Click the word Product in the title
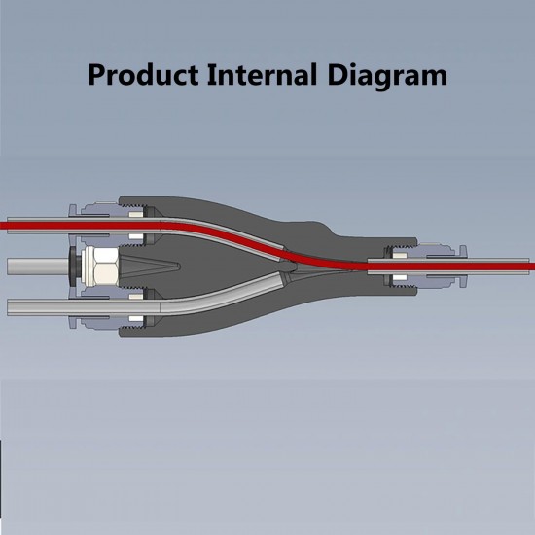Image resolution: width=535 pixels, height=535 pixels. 143,74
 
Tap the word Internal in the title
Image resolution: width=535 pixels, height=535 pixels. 263,74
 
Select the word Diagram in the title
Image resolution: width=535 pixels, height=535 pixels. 387,77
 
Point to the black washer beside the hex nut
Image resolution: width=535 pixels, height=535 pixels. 74,267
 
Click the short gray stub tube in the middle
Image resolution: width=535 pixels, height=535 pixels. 38,267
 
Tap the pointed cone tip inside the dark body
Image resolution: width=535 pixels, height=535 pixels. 178,266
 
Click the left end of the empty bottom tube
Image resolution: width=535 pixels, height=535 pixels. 8,307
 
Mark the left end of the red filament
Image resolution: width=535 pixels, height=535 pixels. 1,226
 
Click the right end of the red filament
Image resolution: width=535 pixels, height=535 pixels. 533,267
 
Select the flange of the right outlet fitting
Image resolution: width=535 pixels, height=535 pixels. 463,267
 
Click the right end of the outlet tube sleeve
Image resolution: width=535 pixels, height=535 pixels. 528,267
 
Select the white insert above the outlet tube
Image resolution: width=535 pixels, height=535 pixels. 400,255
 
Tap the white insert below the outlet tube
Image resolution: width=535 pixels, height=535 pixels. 400,277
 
